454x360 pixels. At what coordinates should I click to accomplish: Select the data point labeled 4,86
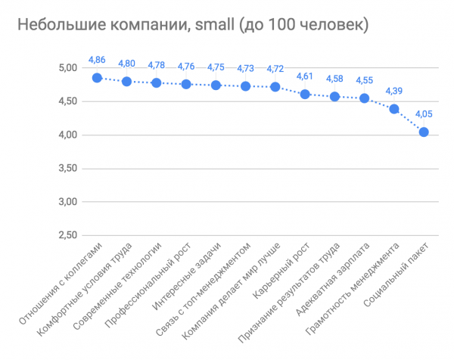tap(97, 77)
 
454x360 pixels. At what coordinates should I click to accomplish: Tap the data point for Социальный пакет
tap(424, 132)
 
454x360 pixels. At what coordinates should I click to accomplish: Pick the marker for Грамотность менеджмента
tap(394, 109)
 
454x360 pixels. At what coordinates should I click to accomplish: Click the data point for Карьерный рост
tap(305, 94)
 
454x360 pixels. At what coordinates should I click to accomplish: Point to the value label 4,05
tap(424, 113)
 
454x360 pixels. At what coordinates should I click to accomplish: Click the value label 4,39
tap(394, 91)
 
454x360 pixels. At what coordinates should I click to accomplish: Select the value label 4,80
tap(126, 64)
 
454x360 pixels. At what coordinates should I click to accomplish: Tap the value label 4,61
tap(305, 76)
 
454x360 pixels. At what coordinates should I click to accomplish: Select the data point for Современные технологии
tap(157, 82)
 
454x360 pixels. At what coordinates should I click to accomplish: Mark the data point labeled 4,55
tap(365, 98)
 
